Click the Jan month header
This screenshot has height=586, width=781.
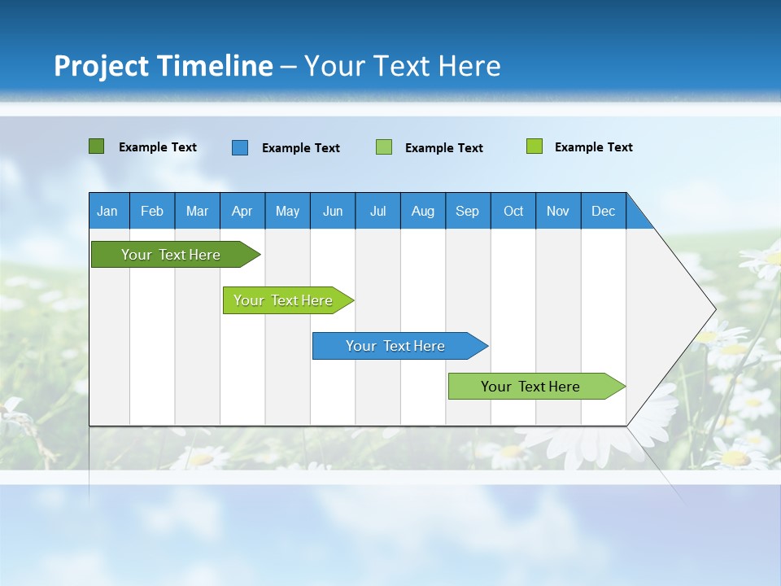point(108,211)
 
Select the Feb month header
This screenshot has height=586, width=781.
point(152,211)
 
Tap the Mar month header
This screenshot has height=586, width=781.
point(197,211)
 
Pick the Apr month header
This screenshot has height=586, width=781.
point(242,211)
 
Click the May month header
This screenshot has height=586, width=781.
point(287,211)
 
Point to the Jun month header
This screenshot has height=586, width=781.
point(333,211)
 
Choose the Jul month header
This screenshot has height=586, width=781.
point(377,211)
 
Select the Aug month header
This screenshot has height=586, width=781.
point(423,211)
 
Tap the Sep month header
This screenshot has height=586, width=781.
point(468,211)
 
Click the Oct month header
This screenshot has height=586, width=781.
point(513,211)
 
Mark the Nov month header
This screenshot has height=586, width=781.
point(558,211)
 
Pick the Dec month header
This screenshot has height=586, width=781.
point(604,211)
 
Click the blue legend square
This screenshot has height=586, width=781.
point(240,147)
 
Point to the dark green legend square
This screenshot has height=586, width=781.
point(97,146)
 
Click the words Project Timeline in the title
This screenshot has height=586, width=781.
point(164,66)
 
